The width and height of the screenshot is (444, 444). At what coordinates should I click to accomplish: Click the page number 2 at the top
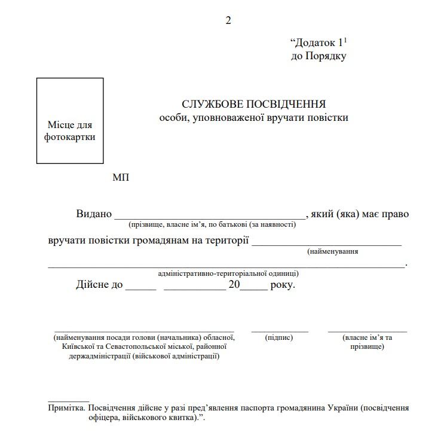pyautogui.click(x=228, y=21)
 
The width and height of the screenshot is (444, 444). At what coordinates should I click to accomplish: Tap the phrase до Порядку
pyautogui.click(x=319, y=56)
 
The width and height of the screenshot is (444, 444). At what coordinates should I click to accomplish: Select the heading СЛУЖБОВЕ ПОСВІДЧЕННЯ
pyautogui.click(x=254, y=104)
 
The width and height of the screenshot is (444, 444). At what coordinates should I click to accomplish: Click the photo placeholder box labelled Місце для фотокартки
pyautogui.click(x=70, y=120)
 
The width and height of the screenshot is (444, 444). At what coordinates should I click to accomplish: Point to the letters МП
pyautogui.click(x=120, y=177)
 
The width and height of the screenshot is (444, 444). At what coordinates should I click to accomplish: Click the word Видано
pyautogui.click(x=94, y=214)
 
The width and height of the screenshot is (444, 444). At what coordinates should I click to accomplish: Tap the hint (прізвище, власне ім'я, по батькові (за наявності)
pyautogui.click(x=212, y=224)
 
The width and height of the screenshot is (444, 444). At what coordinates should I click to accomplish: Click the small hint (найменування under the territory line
pyautogui.click(x=333, y=251)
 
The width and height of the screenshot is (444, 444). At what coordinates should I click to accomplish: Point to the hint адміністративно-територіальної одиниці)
pyautogui.click(x=228, y=273)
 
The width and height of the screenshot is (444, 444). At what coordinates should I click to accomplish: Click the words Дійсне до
pyautogui.click(x=99, y=284)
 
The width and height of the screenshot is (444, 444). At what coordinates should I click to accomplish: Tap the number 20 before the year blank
pyautogui.click(x=232, y=284)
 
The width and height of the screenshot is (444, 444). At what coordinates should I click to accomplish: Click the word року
pyautogui.click(x=283, y=284)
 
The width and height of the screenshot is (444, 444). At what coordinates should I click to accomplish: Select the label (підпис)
pyautogui.click(x=279, y=337)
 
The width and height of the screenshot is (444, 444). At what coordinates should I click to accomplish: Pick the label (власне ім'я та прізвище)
pyautogui.click(x=368, y=342)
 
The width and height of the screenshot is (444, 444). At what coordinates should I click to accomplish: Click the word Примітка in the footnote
pyautogui.click(x=66, y=407)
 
